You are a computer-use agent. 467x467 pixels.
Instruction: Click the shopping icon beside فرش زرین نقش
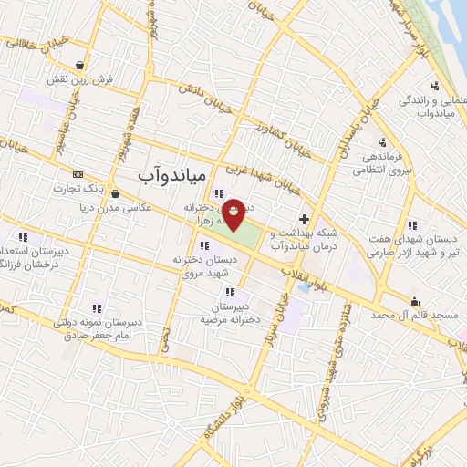[83, 66]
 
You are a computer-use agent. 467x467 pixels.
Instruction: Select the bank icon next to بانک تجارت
[78, 173]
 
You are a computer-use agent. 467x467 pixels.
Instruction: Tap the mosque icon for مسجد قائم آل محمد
[415, 302]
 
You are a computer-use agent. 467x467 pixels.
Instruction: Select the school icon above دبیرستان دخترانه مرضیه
[229, 293]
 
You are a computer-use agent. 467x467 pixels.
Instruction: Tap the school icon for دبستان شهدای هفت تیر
[412, 224]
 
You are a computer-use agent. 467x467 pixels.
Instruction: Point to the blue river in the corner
[452, 18]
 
